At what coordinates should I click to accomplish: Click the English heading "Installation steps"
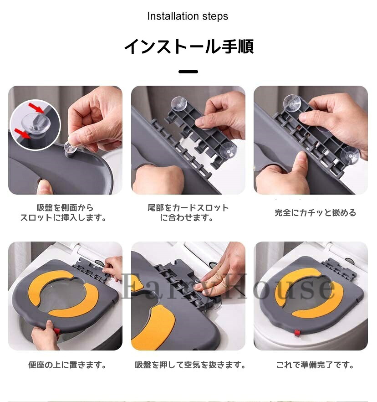(188, 16)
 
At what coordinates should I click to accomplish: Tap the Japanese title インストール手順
(189, 46)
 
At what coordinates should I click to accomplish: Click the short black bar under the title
(188, 72)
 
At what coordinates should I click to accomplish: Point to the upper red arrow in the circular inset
(36, 108)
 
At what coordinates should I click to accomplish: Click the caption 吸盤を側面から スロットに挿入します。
(64, 212)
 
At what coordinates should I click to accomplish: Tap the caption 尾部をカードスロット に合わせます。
(188, 212)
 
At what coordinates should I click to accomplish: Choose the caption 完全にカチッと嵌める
(315, 213)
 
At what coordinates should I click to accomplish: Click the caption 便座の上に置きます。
(67, 365)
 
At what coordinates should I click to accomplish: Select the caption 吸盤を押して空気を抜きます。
(190, 365)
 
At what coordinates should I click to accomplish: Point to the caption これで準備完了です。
(315, 365)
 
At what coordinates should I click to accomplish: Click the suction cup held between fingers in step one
(70, 148)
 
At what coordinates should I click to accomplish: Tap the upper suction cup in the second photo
(179, 104)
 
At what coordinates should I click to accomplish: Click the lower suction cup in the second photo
(228, 151)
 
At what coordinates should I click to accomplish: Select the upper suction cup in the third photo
(292, 102)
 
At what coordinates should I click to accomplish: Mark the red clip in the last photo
(297, 333)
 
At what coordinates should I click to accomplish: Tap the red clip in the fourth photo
(57, 331)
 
